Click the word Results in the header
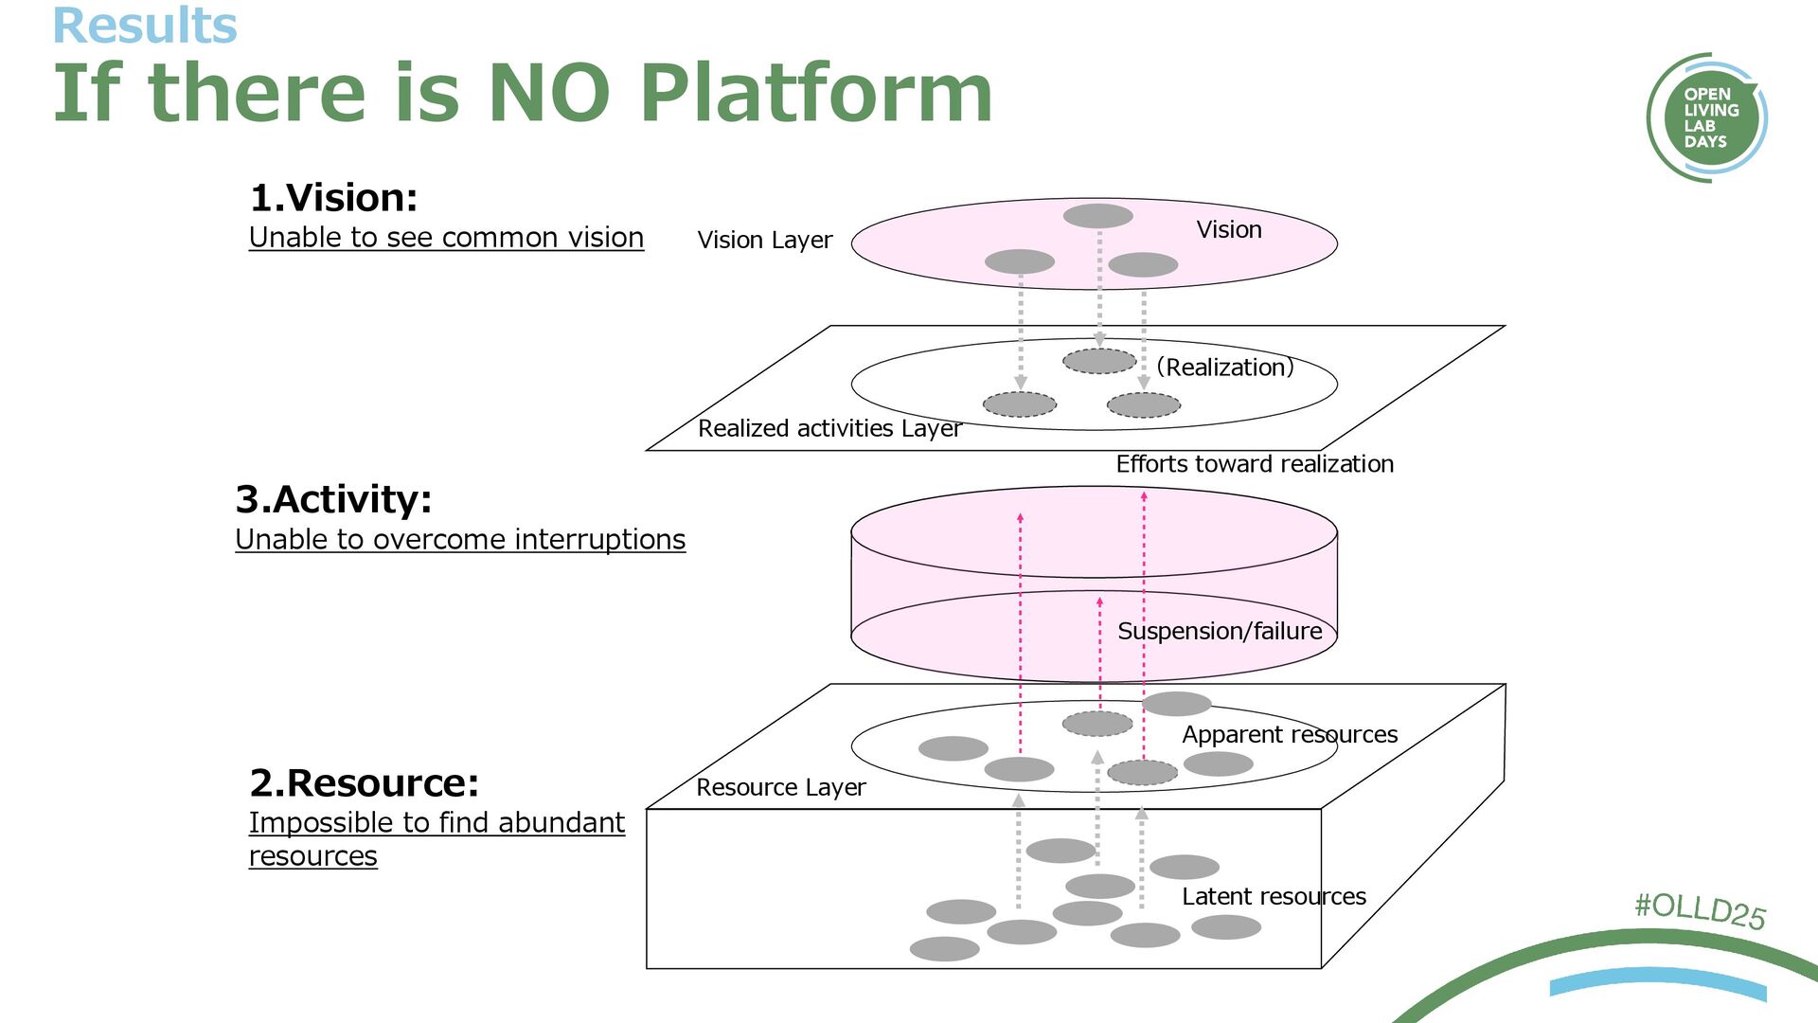(144, 26)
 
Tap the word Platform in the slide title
(816, 93)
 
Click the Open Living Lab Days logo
(1706, 117)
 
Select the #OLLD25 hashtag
(1701, 910)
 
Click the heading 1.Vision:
(333, 198)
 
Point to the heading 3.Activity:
(333, 499)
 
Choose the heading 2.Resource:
(365, 783)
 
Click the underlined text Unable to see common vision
(446, 238)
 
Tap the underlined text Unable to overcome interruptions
(460, 539)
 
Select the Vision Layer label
(765, 240)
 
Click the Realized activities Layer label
(829, 428)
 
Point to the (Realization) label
(1224, 368)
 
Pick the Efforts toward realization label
(1255, 464)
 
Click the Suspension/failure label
(1220, 631)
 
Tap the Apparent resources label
(1290, 734)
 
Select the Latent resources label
(1274, 896)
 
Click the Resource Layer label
(781, 787)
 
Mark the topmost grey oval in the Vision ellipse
(1098, 216)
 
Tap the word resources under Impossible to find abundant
(313, 856)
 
